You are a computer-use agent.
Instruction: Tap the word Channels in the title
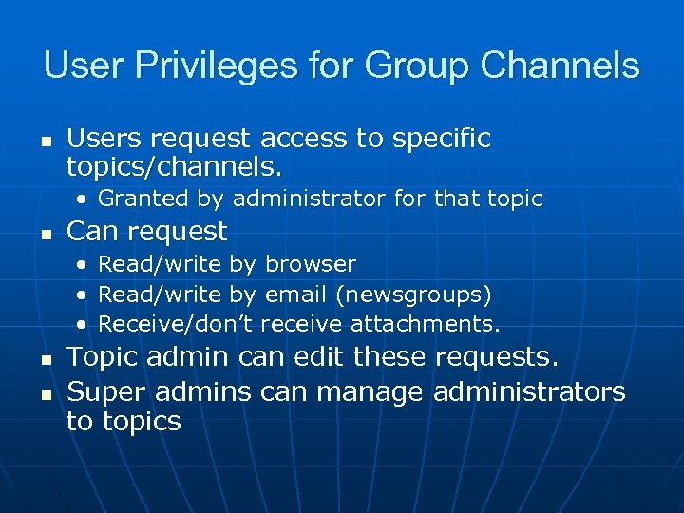point(560,66)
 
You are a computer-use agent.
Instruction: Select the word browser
point(311,264)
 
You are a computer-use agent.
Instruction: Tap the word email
point(296,294)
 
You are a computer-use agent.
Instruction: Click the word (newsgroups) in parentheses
point(413,294)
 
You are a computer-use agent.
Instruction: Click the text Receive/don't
point(176,324)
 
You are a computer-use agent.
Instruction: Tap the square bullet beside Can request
point(47,234)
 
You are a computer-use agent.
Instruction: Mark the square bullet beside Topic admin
point(47,360)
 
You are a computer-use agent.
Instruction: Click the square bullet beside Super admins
point(47,393)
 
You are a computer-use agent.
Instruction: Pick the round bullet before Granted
point(85,199)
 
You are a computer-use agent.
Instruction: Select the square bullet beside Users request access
point(47,141)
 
